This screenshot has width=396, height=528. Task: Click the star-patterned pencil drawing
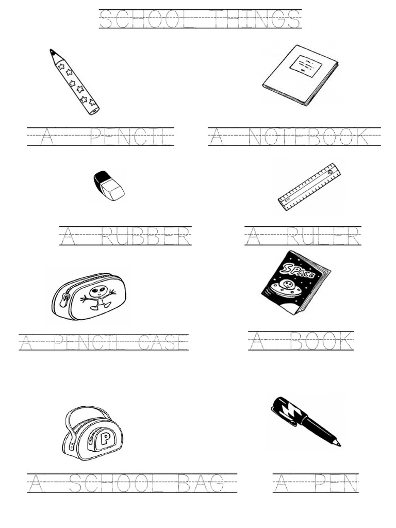coord(75,81)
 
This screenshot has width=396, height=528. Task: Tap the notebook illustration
coord(300,75)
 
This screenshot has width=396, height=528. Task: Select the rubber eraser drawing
coord(109,186)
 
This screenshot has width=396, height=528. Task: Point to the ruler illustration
coord(309,187)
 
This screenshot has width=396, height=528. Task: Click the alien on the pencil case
coord(98,298)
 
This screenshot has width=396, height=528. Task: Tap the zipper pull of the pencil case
coord(64,300)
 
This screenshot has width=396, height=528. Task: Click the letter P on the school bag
coord(105,439)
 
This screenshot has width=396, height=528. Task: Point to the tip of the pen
coord(338,443)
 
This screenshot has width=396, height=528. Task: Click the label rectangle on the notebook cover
coord(305,65)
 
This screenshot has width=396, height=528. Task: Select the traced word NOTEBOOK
coord(308,137)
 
